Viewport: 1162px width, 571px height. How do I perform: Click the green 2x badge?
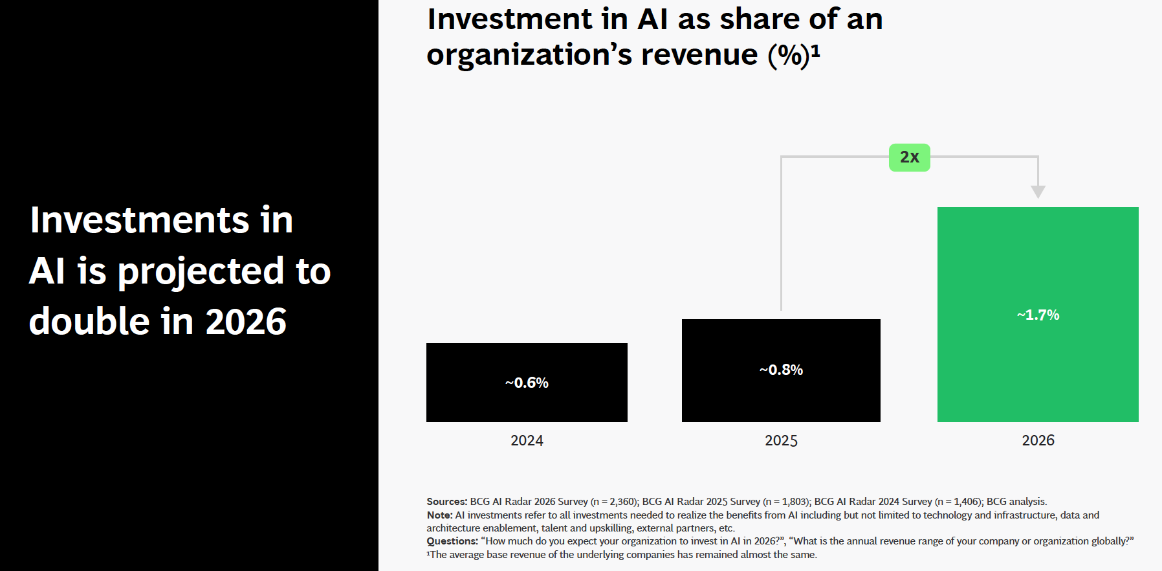coord(909,157)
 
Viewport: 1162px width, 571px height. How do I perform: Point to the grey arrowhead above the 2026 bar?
coord(1038,192)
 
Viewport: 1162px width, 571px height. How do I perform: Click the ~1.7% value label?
coord(1038,315)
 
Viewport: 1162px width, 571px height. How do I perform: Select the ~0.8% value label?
coord(781,370)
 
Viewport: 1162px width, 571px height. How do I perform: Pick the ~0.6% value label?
coord(527,383)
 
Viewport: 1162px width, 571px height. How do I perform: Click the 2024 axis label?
coord(527,441)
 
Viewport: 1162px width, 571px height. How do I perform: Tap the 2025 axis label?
coord(781,441)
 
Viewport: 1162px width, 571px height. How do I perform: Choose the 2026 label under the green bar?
coord(1038,441)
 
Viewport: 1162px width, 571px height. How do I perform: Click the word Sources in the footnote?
coord(446,502)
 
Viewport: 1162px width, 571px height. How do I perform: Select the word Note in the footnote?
coord(439,515)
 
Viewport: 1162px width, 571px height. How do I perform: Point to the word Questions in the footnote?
coord(451,541)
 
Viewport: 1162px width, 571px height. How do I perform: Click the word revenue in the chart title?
coord(699,56)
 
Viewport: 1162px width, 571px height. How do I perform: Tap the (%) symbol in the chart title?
coord(789,56)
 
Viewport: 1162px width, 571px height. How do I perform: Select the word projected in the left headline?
coord(201,272)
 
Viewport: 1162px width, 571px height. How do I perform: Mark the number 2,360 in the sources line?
coord(622,502)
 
